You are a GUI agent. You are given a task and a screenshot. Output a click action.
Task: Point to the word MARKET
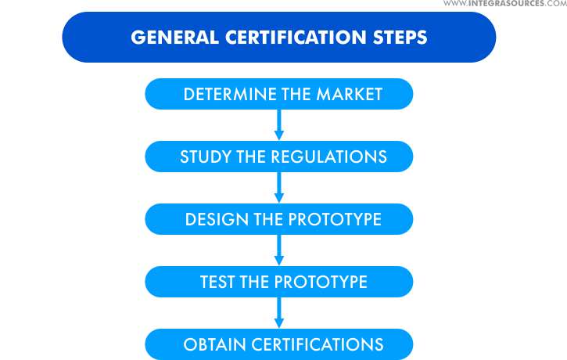point(349,95)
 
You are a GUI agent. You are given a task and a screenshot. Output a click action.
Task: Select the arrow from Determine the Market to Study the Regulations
point(278,124)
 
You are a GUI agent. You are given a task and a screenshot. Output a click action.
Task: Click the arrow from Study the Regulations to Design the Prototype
point(278,187)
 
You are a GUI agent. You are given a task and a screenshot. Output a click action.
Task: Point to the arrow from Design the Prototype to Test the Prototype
point(278,250)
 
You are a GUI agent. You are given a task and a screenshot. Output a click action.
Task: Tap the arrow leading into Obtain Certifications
point(278,312)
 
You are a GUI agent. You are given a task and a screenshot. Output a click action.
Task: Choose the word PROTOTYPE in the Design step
point(334,219)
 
